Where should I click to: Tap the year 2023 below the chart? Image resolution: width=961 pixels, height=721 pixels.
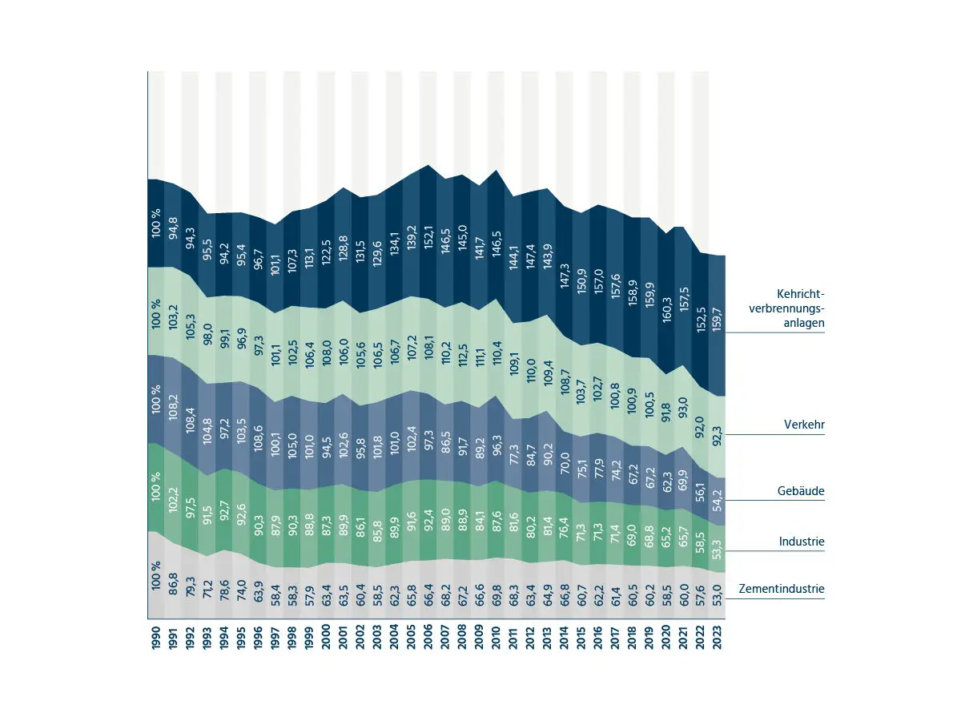[x=726, y=641]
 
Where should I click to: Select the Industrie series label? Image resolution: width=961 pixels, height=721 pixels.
[x=802, y=542]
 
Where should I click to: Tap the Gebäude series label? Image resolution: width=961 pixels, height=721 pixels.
[x=802, y=490]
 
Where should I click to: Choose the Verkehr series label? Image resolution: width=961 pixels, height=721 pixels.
[x=804, y=425]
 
